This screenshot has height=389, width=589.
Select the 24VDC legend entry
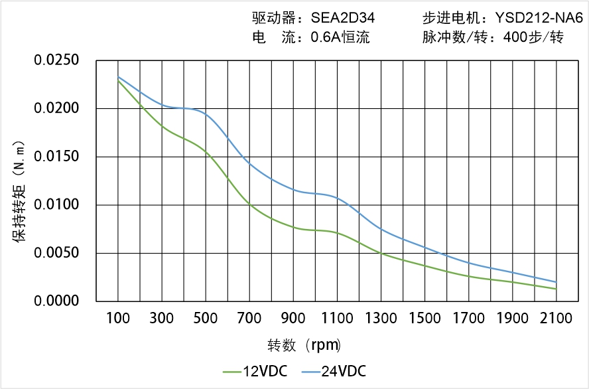[x=344, y=371]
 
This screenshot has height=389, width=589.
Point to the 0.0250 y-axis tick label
[x=56, y=61]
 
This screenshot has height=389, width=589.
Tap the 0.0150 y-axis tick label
[x=56, y=157]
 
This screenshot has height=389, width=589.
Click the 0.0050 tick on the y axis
[x=56, y=254]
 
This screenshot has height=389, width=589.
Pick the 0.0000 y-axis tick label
[x=56, y=301]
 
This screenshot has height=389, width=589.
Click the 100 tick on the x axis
[x=118, y=319]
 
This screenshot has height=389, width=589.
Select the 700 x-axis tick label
[x=249, y=319]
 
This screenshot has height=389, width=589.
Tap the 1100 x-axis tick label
[x=337, y=319]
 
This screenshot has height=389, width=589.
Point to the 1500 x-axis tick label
[x=425, y=319]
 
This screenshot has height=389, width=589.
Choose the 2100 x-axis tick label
[x=556, y=319]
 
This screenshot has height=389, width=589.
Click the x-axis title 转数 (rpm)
[x=304, y=345]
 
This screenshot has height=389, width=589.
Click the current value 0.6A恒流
[x=340, y=38]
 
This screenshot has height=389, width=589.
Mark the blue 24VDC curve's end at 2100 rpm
[x=556, y=281]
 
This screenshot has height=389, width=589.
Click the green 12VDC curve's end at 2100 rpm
[x=556, y=289]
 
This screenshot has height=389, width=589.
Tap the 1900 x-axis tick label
[x=512, y=319]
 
